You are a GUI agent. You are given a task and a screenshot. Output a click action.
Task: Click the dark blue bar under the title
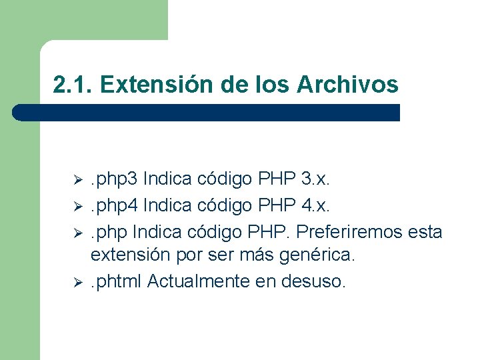[207, 113]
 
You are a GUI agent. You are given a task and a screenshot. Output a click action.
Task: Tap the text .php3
[114, 179]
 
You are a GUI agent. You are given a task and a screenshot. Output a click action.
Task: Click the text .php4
[114, 205]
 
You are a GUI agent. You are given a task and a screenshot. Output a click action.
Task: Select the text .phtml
[117, 282]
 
